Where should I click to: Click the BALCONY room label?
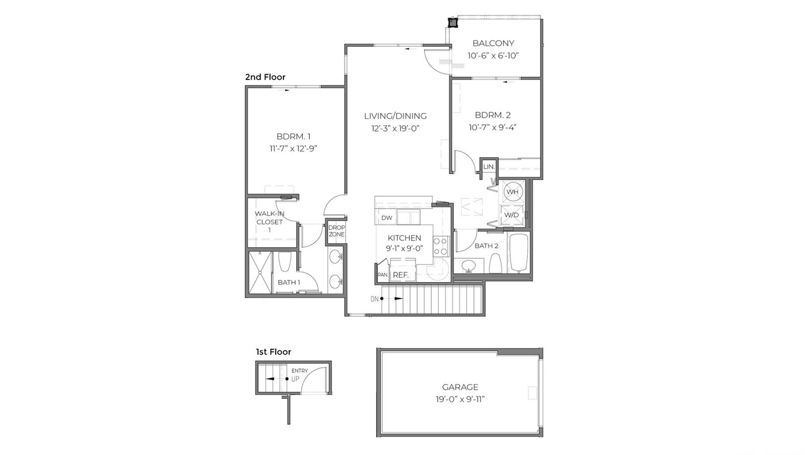pyautogui.click(x=493, y=43)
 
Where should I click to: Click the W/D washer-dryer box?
pyautogui.click(x=512, y=215)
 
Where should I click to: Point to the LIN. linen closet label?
pyautogui.click(x=489, y=167)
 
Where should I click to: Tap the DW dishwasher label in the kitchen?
pyautogui.click(x=387, y=218)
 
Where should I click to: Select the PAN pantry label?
pyautogui.click(x=383, y=275)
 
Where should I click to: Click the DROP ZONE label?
pyautogui.click(x=337, y=231)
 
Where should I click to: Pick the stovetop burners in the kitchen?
pyautogui.click(x=441, y=246)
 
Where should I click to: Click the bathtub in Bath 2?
pyautogui.click(x=519, y=253)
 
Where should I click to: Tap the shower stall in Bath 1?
pyautogui.click(x=260, y=272)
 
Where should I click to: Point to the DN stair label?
pyautogui.click(x=374, y=299)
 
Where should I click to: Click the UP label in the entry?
pyautogui.click(x=295, y=379)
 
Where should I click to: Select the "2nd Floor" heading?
pyautogui.click(x=265, y=77)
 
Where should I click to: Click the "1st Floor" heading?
pyautogui.click(x=274, y=352)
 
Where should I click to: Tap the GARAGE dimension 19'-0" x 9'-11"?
pyautogui.click(x=460, y=399)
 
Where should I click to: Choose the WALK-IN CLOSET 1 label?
pyautogui.click(x=270, y=222)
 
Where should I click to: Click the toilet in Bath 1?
pyautogui.click(x=285, y=262)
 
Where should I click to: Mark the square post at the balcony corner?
pyautogui.click(x=453, y=23)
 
